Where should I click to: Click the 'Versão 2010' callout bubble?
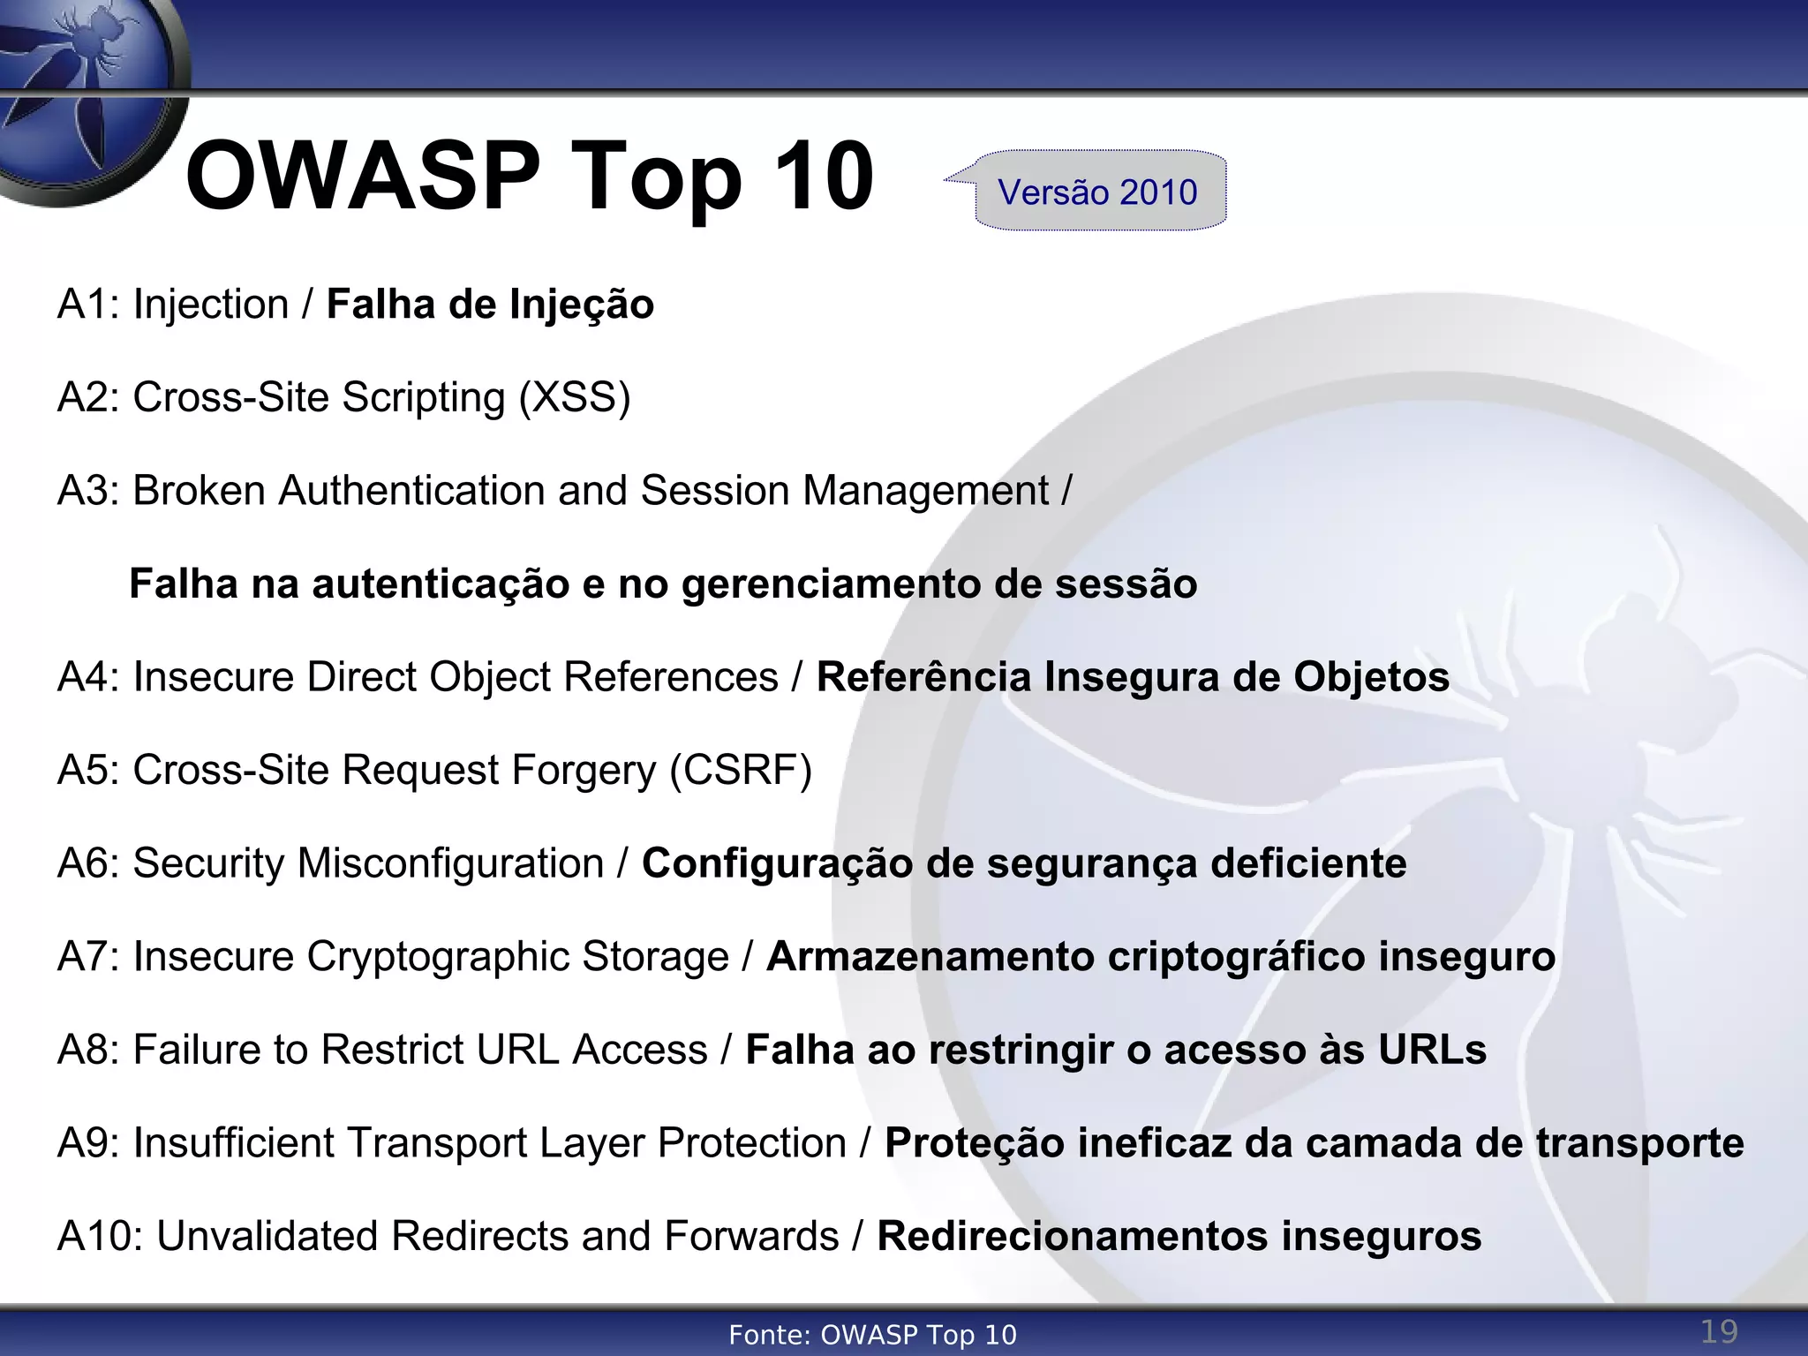(x=1099, y=192)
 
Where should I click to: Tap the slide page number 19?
(x=1719, y=1330)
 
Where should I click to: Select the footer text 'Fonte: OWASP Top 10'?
(x=872, y=1335)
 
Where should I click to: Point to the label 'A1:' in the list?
(x=88, y=305)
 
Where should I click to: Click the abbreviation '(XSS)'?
(x=575, y=397)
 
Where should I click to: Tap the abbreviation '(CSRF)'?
(x=740, y=770)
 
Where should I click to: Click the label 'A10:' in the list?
(x=100, y=1236)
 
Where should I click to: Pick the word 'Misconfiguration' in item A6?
(x=450, y=863)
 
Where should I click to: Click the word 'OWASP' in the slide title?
(x=362, y=177)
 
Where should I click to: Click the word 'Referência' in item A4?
(x=923, y=677)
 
